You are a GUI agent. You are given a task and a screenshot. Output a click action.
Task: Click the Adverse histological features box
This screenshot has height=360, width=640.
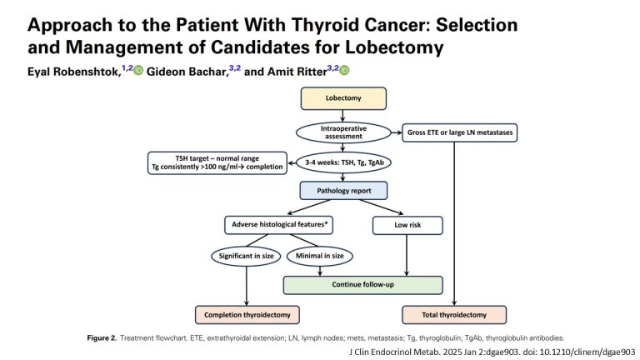(277, 225)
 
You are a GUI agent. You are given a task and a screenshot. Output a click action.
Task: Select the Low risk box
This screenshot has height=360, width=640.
(406, 225)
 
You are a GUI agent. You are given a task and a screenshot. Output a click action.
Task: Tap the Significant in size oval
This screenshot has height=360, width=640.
(247, 255)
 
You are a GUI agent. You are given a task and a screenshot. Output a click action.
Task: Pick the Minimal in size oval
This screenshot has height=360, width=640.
(318, 255)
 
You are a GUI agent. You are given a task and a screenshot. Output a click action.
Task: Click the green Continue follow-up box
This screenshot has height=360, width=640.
(362, 285)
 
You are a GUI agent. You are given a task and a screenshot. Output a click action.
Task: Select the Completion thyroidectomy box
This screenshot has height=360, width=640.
(247, 315)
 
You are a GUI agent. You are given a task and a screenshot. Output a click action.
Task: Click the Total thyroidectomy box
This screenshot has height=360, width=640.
(454, 315)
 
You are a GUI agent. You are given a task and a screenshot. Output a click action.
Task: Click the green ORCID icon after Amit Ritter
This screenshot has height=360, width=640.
(344, 71)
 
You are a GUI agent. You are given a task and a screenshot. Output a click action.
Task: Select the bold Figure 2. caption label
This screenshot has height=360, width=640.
(105, 338)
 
